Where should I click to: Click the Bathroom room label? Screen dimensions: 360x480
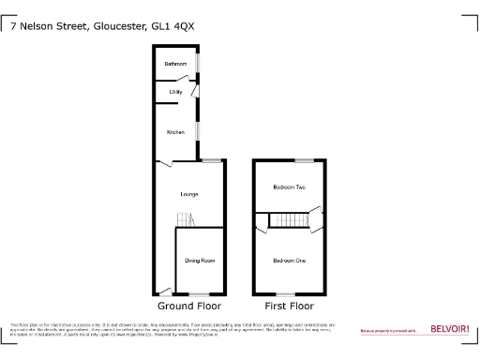(x=175, y=64)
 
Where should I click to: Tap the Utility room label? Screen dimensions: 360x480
(x=175, y=93)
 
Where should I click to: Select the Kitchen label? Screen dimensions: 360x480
(x=175, y=132)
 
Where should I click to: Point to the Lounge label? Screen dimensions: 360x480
(x=189, y=194)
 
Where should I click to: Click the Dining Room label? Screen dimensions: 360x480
(x=199, y=260)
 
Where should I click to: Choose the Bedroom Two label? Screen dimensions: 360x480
(x=289, y=187)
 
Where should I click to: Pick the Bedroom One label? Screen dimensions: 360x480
(x=289, y=260)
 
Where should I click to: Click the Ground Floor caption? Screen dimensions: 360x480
(x=188, y=306)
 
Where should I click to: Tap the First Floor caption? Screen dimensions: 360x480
(x=289, y=306)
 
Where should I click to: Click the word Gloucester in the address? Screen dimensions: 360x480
(x=119, y=27)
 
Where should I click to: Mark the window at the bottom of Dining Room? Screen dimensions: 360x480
(x=200, y=294)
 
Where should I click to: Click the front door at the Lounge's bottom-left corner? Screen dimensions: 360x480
(x=163, y=291)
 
